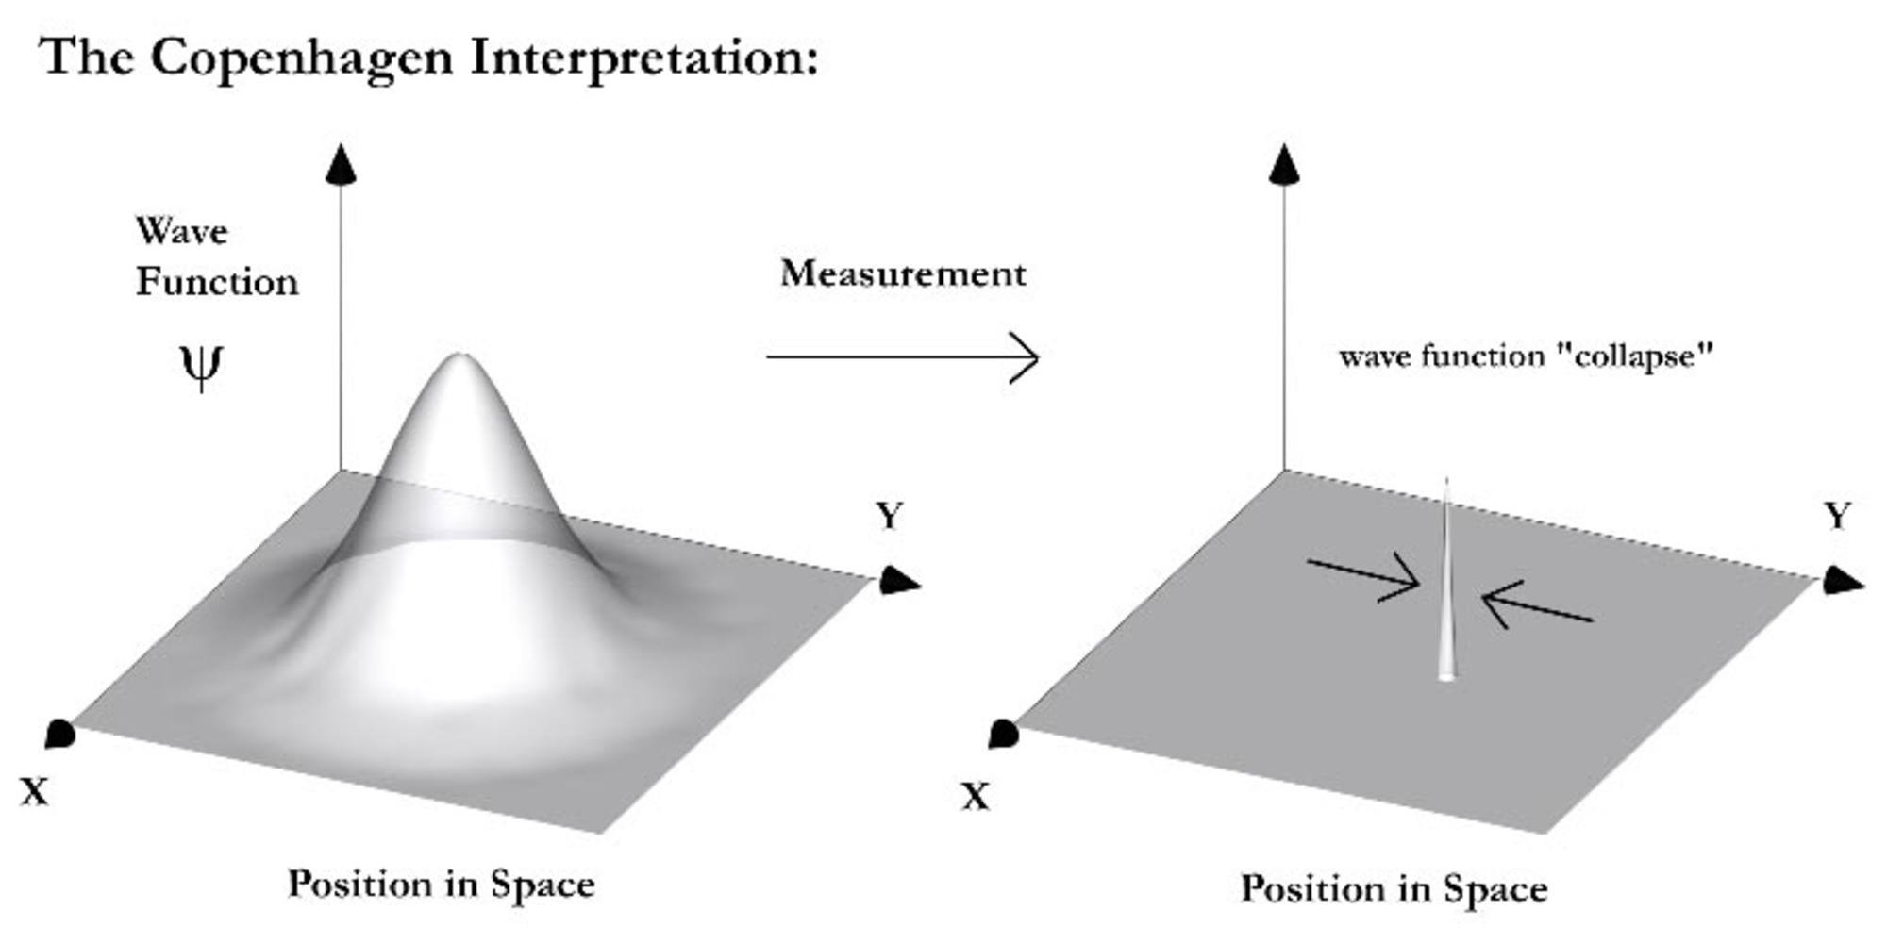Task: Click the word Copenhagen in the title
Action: (x=301, y=58)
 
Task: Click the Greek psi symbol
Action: (x=201, y=366)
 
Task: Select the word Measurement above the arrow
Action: (x=902, y=273)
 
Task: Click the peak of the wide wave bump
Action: (x=459, y=359)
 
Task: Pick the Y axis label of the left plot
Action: (x=889, y=516)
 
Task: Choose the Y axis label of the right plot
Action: (x=1837, y=516)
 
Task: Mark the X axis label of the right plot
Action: (x=976, y=798)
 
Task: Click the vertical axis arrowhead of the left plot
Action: (x=341, y=164)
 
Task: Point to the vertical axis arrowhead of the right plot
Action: (x=1284, y=164)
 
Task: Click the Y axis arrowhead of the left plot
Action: (x=899, y=582)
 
